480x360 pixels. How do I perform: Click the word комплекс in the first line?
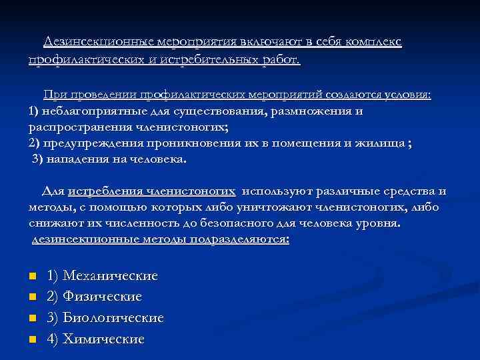pos(373,41)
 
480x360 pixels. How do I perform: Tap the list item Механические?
pos(110,275)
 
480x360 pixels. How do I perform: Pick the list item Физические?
pos(102,296)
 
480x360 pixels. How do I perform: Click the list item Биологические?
pos(113,317)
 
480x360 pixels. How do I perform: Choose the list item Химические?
pos(103,339)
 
